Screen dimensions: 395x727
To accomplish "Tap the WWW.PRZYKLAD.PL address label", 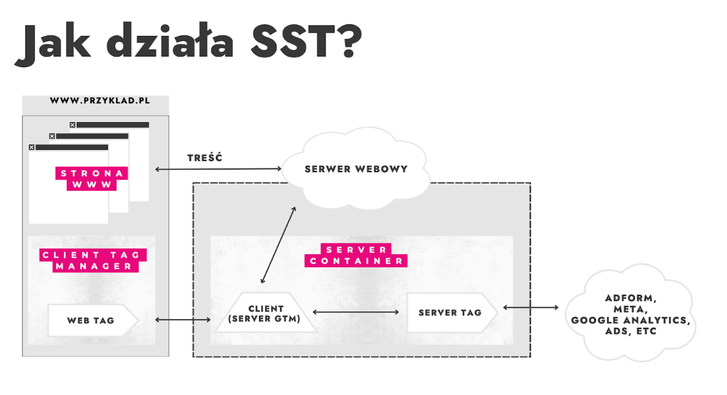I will click(100, 101).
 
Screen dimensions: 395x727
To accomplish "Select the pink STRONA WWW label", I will click(91, 179).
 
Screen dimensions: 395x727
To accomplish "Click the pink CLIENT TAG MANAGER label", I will click(91, 261).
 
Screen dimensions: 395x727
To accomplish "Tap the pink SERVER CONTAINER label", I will click(356, 255).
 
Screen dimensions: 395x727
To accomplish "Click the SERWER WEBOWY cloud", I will click(356, 169).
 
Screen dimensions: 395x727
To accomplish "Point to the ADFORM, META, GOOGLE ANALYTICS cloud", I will click(630, 315).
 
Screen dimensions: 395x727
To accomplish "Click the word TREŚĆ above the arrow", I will click(204, 158).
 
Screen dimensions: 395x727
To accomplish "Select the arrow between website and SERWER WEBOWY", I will click(218, 169).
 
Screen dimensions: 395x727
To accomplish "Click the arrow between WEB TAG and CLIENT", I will click(183, 320).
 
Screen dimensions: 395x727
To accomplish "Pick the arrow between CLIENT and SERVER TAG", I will click(356, 312).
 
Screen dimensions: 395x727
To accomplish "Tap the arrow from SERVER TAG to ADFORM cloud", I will click(530, 307).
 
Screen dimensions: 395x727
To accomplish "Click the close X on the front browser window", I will click(32, 147).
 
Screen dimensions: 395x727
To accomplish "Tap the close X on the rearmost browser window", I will click(73, 125).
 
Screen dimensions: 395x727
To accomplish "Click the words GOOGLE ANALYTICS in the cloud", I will click(630, 321).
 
